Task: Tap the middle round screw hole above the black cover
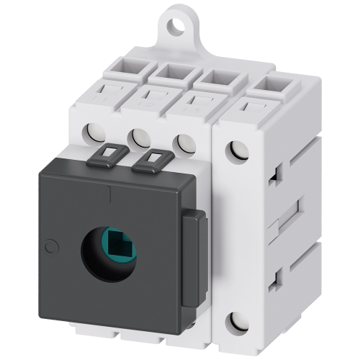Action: [138, 135]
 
